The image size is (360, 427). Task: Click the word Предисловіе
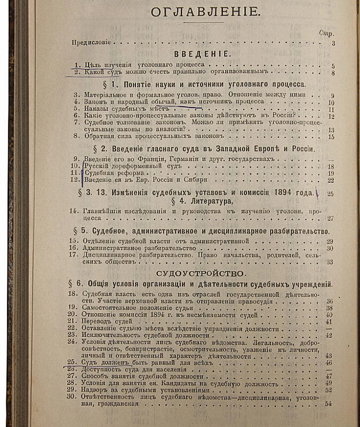tap(91, 42)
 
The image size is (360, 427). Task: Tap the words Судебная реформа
tap(108, 173)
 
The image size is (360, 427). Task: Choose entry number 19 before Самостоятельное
tap(72, 308)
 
